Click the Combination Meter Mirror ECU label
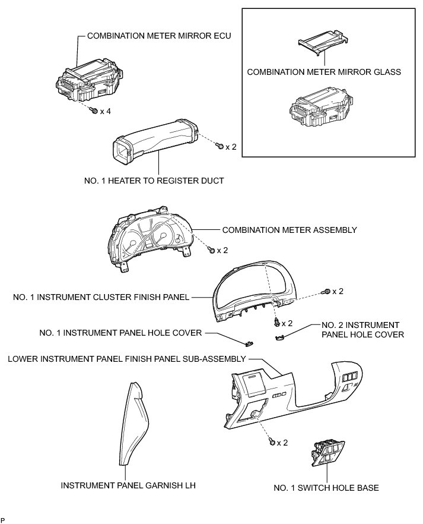(158, 36)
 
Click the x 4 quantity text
(106, 111)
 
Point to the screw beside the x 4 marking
(94, 111)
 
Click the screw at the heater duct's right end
(220, 146)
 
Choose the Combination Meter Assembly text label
(289, 229)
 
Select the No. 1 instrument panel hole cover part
(250, 342)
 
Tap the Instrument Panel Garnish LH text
(128, 485)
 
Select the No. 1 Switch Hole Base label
(326, 488)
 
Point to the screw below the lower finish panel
(272, 442)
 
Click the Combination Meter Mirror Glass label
(324, 72)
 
